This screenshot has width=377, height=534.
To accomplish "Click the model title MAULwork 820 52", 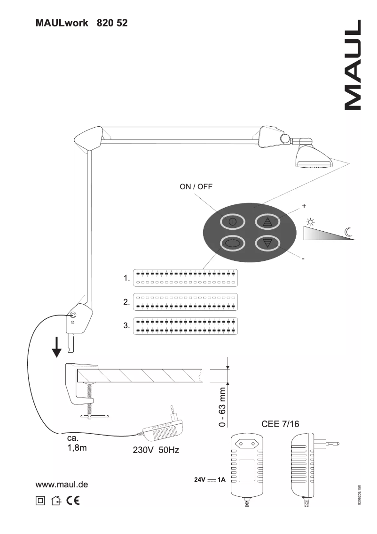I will click(81, 23).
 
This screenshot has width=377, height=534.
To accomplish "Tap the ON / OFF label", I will click(196, 186).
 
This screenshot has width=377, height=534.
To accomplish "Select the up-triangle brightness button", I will click(267, 222).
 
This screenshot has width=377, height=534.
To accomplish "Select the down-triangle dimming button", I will click(267, 243).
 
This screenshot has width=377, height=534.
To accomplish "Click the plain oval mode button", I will click(233, 243).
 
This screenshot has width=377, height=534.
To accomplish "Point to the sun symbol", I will click(310, 222).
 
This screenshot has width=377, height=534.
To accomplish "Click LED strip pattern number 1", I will click(185, 278).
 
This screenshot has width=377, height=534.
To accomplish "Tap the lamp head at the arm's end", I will click(314, 157).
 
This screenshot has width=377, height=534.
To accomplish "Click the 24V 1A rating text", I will click(210, 480).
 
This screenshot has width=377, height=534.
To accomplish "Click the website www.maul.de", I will click(62, 484).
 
